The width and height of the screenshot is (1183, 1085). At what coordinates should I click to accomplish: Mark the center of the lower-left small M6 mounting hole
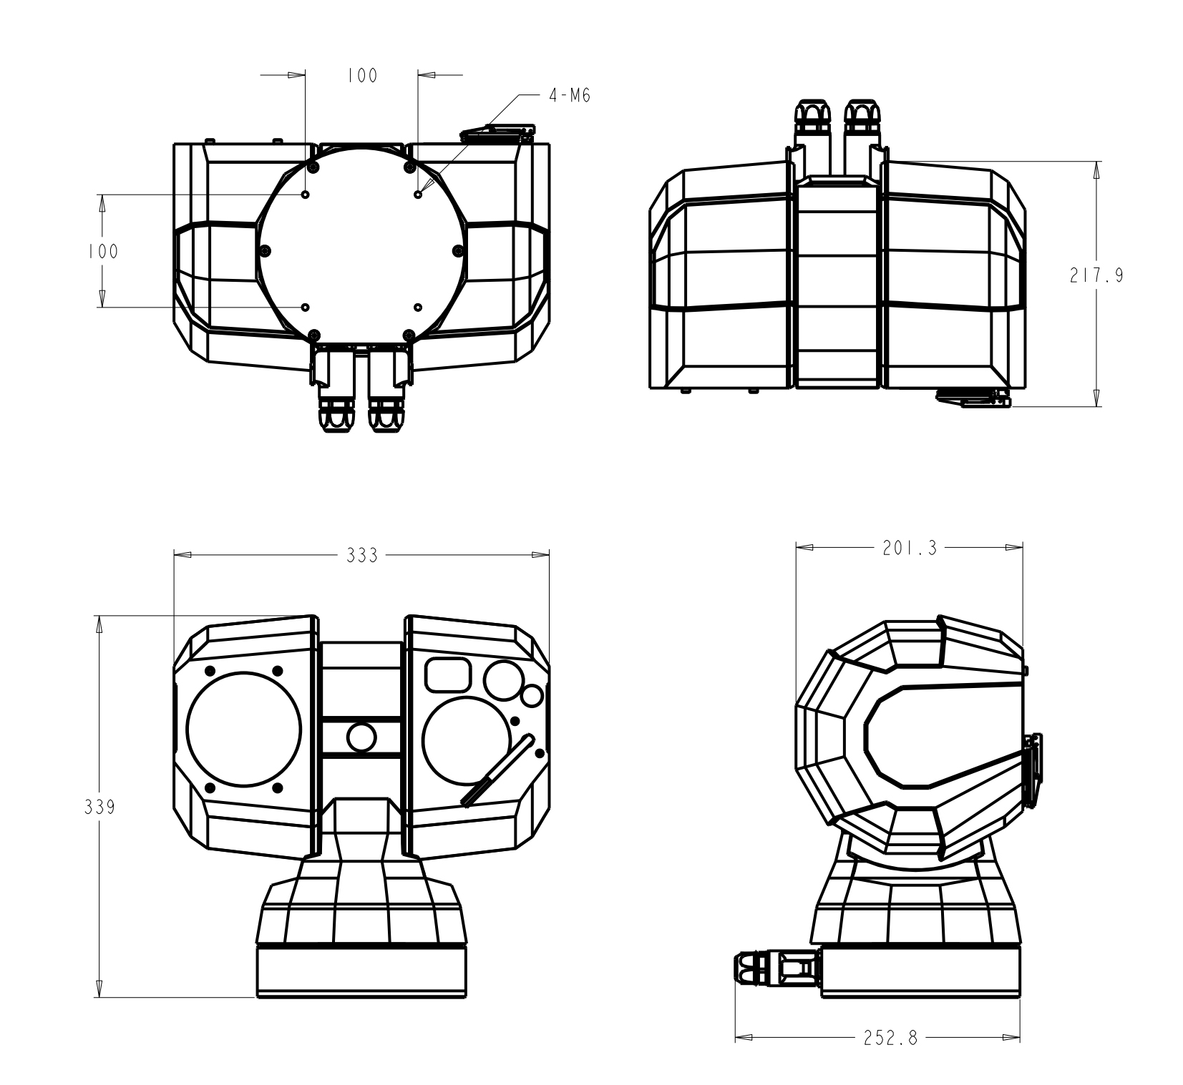(x=306, y=307)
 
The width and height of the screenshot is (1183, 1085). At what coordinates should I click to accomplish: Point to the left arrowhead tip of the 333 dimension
(x=175, y=554)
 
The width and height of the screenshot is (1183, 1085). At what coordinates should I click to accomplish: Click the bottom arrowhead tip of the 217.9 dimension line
(x=1097, y=406)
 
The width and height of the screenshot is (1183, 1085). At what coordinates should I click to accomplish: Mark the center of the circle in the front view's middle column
(x=361, y=737)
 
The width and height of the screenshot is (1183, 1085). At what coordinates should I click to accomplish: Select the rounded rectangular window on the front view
(x=449, y=674)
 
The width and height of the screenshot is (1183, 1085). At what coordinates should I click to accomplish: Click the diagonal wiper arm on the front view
(x=499, y=770)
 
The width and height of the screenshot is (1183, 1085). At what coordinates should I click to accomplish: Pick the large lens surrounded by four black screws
(x=244, y=729)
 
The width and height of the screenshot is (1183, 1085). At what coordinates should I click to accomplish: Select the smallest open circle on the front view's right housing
(x=532, y=695)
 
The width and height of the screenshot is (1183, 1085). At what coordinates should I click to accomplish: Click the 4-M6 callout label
(x=570, y=95)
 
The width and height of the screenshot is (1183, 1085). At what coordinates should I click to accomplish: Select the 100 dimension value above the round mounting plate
(x=362, y=76)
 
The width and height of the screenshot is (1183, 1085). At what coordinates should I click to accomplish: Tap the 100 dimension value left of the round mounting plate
(x=102, y=251)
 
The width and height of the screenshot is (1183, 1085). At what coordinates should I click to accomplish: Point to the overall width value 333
(x=362, y=555)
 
